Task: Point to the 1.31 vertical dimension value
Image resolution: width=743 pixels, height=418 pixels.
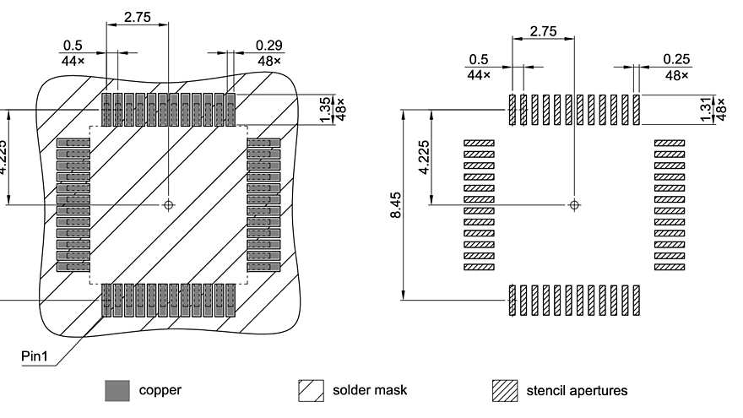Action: click(707, 110)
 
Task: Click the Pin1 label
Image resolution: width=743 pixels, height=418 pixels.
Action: click(38, 357)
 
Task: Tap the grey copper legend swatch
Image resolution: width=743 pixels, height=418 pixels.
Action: click(117, 390)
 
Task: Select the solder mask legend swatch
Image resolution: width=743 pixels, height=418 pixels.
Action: click(312, 390)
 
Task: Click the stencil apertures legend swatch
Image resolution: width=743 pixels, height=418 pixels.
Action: click(505, 390)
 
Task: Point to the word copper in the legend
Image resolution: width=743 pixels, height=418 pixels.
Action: click(160, 390)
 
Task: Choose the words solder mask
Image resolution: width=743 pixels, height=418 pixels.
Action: click(370, 390)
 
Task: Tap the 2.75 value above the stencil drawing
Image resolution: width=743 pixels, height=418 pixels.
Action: click(543, 30)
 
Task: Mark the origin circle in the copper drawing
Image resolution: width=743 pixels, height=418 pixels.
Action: click(169, 204)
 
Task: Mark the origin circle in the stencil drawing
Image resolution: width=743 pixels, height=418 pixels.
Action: click(575, 204)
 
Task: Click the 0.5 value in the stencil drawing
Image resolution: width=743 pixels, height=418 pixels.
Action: click(479, 59)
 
